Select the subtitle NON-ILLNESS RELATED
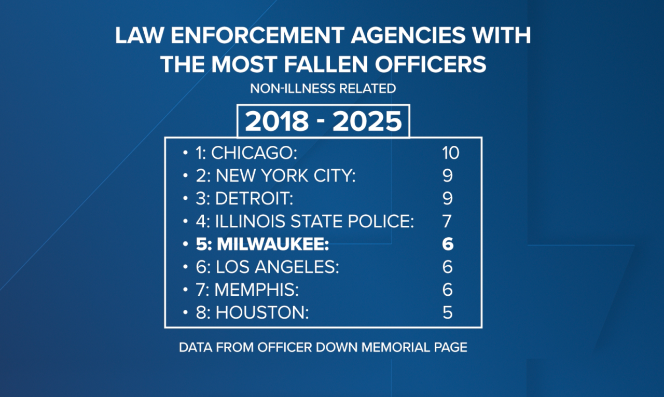(323, 89)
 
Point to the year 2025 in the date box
(367, 121)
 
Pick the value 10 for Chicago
(450, 153)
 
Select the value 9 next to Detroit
(447, 198)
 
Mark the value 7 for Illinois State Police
(447, 222)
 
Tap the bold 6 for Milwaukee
(447, 244)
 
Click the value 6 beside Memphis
(447, 290)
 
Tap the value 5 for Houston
(447, 313)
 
